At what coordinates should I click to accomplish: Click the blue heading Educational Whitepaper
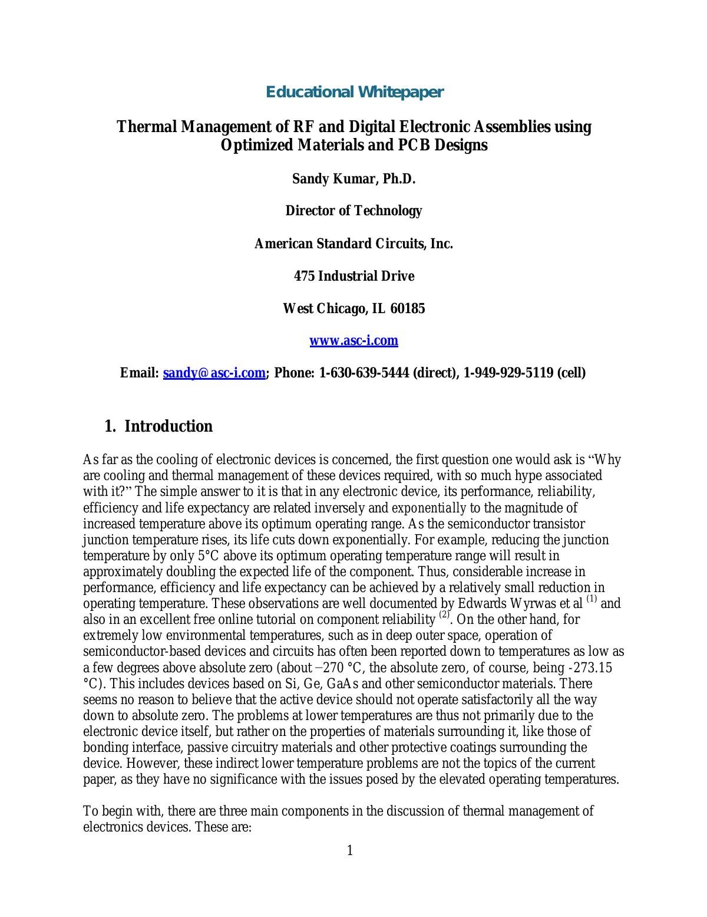(354, 92)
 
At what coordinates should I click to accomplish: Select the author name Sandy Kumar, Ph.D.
(353, 179)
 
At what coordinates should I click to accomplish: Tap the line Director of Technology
(353, 211)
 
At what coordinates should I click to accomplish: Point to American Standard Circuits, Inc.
(353, 244)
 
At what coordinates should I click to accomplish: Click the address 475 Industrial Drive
(353, 276)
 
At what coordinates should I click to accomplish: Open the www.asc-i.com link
(353, 341)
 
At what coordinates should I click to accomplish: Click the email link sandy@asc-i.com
(214, 373)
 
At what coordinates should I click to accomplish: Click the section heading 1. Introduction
(158, 426)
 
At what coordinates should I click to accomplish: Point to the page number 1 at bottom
(350, 850)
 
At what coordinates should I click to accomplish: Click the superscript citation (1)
(592, 600)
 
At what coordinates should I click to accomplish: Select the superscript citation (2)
(444, 616)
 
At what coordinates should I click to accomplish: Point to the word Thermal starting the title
(142, 127)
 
